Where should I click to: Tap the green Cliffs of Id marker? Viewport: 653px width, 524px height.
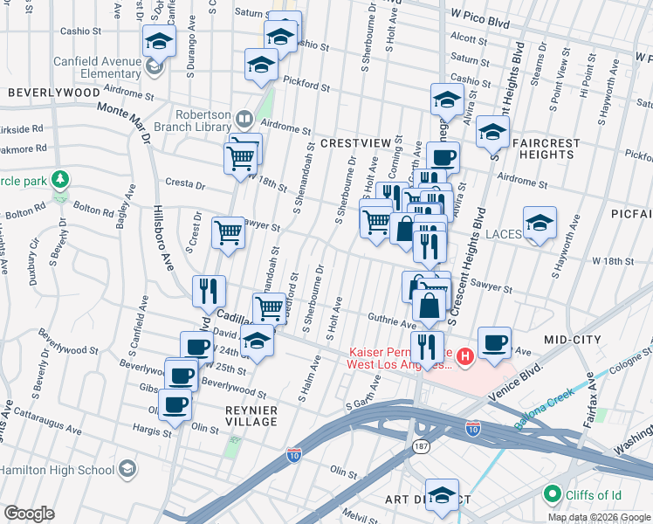click(551, 495)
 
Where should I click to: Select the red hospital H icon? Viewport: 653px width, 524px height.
click(465, 355)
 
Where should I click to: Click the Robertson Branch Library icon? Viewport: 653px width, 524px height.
click(245, 118)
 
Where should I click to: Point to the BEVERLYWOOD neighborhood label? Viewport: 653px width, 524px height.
click(54, 92)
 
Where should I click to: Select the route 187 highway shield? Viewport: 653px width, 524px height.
click(420, 446)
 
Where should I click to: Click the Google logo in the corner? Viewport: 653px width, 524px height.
click(29, 514)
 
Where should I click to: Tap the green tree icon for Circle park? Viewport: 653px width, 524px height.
click(59, 180)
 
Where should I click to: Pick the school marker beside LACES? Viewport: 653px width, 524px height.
click(540, 223)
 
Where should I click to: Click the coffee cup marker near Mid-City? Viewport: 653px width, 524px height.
click(494, 341)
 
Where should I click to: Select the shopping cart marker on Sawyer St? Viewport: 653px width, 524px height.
click(228, 232)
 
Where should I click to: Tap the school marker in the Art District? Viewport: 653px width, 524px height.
click(442, 494)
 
